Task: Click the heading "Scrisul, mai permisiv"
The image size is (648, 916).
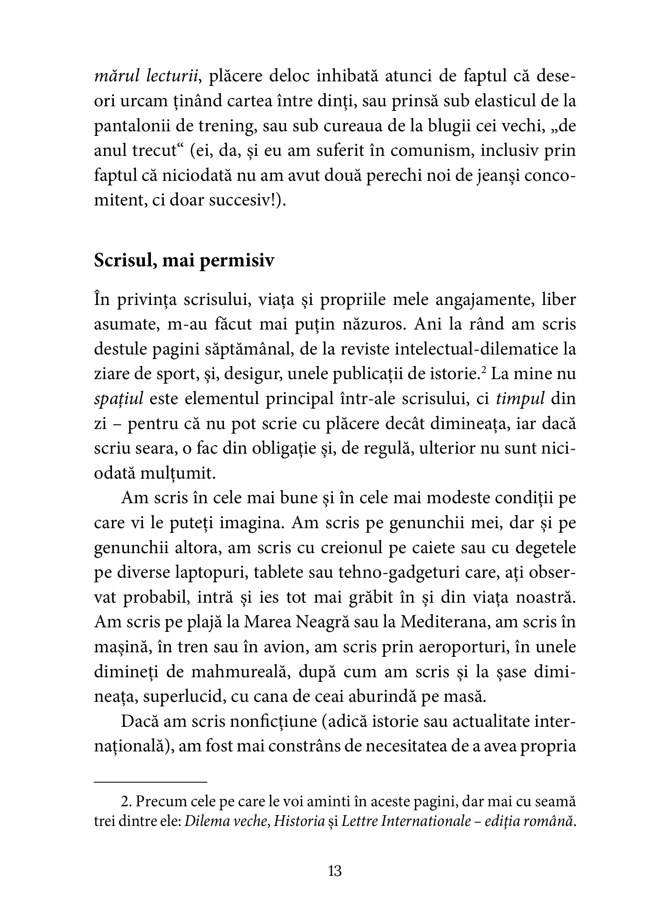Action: (x=184, y=261)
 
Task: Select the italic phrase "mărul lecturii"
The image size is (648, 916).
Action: (x=146, y=76)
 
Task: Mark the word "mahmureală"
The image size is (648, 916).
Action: (x=239, y=672)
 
